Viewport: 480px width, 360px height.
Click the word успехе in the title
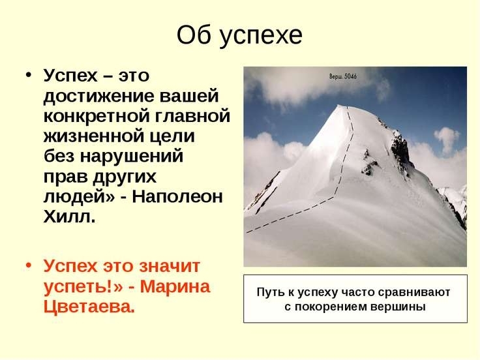coord(261,35)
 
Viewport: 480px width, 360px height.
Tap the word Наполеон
coord(177,197)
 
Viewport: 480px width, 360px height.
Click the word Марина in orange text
coord(175,286)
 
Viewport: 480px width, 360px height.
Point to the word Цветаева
coord(89,307)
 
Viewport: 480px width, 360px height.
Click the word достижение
coord(98,96)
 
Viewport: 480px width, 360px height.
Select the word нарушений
coord(132,156)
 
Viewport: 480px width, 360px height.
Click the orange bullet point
coord(29,265)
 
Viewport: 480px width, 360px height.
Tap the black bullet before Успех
coord(29,75)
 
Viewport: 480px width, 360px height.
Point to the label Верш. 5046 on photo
coord(343,76)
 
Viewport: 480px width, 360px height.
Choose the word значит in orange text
coord(170,266)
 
